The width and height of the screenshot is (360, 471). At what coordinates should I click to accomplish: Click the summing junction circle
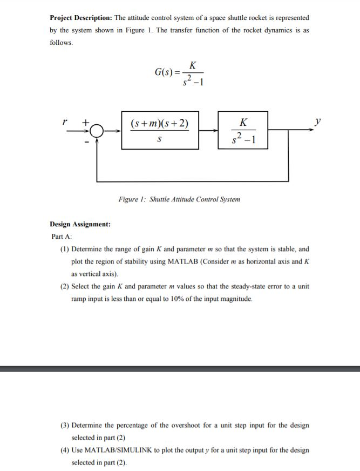[98, 130]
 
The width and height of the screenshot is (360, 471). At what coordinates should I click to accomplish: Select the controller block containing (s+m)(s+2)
[160, 130]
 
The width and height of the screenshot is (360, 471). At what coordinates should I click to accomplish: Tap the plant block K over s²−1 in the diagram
[244, 130]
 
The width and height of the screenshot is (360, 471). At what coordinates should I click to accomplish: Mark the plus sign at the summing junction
[84, 123]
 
